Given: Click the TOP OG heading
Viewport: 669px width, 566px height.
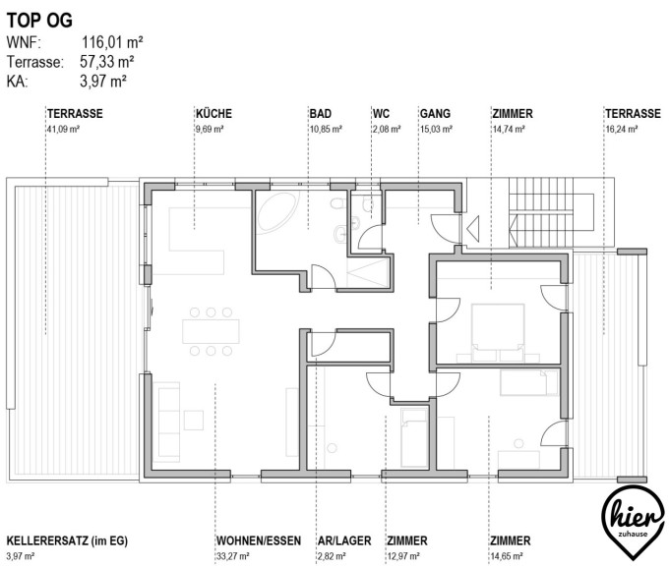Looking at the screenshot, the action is pyautogui.click(x=39, y=21).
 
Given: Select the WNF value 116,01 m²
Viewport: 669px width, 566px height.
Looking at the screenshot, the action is pyautogui.click(x=112, y=42).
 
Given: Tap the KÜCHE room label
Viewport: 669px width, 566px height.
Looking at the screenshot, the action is pyautogui.click(x=213, y=113).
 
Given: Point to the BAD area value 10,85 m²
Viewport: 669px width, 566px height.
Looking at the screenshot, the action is pyautogui.click(x=326, y=129).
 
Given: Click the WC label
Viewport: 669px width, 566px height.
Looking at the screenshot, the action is pyautogui.click(x=381, y=113).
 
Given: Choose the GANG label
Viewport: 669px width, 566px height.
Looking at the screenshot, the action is pyautogui.click(x=435, y=113).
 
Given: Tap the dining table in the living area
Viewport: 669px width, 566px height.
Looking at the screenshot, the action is pyautogui.click(x=211, y=331).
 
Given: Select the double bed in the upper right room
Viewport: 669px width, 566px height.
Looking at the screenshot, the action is pyautogui.click(x=498, y=332).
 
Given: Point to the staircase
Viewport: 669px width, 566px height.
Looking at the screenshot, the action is pyautogui.click(x=551, y=212).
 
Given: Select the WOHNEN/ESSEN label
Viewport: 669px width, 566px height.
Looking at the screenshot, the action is pyautogui.click(x=259, y=540).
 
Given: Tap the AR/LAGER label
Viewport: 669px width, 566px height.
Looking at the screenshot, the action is pyautogui.click(x=344, y=540).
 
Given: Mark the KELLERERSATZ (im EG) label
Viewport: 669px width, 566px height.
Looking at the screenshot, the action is pyautogui.click(x=67, y=540).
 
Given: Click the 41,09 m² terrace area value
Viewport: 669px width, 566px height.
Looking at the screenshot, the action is pyautogui.click(x=63, y=129).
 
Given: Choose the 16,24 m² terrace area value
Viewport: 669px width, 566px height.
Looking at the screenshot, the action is pyautogui.click(x=622, y=129).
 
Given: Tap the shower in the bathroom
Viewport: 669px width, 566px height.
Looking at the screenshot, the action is pyautogui.click(x=368, y=272).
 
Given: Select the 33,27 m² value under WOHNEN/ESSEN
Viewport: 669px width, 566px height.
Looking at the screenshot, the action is pyautogui.click(x=233, y=556).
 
